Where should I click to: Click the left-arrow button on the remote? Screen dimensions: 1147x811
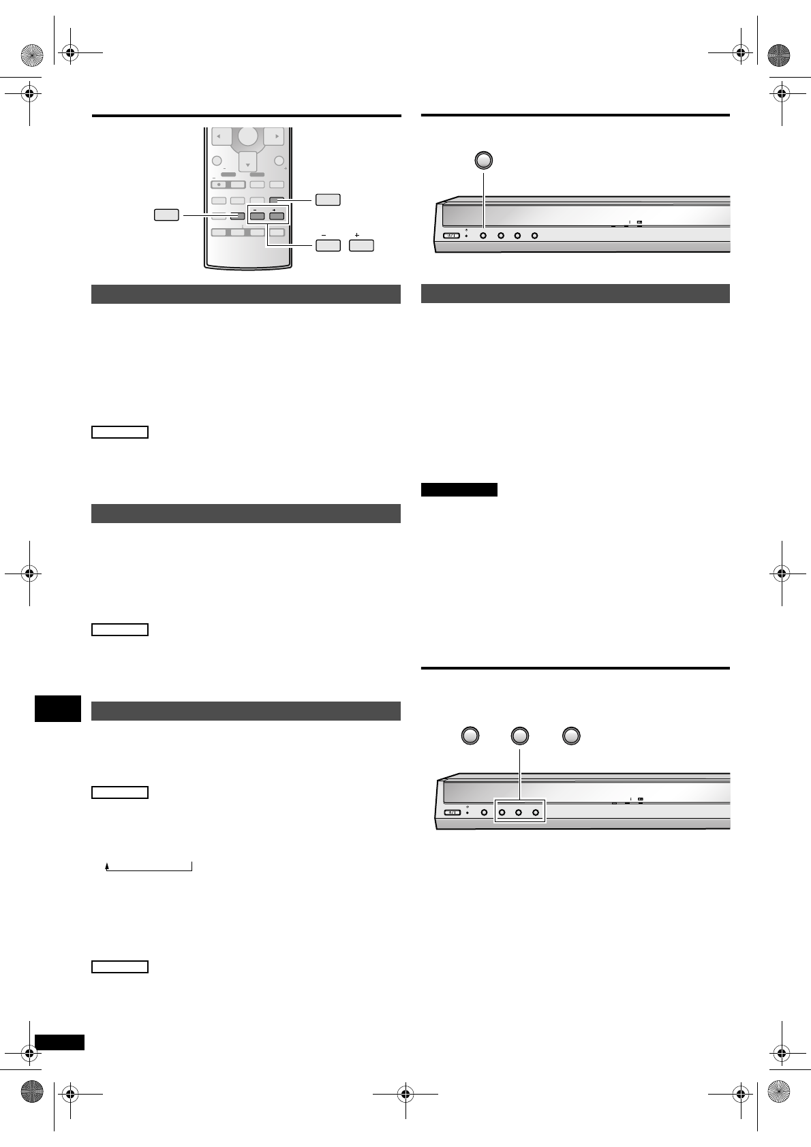(220, 137)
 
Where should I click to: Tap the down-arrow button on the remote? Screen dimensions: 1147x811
(247, 163)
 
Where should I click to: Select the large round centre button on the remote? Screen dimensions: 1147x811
(247, 136)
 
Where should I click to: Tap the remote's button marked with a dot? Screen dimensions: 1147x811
(219, 185)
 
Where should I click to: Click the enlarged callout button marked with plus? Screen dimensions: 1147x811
(361, 245)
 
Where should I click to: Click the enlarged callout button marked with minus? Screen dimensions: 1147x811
(328, 245)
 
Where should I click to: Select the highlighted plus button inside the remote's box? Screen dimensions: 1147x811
(276, 216)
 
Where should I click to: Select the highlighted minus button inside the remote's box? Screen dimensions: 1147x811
(257, 216)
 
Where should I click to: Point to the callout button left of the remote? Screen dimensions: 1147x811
(166, 215)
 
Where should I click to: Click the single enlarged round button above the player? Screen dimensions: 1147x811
(483, 160)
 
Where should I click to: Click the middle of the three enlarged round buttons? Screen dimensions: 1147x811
(520, 736)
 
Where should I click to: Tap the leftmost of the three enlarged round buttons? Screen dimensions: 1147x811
(470, 736)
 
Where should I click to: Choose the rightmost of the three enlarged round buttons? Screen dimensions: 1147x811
(571, 736)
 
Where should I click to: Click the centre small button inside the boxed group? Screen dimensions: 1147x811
(519, 812)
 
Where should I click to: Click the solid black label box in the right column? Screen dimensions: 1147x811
(459, 490)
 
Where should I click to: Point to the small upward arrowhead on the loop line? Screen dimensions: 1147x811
(107, 867)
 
